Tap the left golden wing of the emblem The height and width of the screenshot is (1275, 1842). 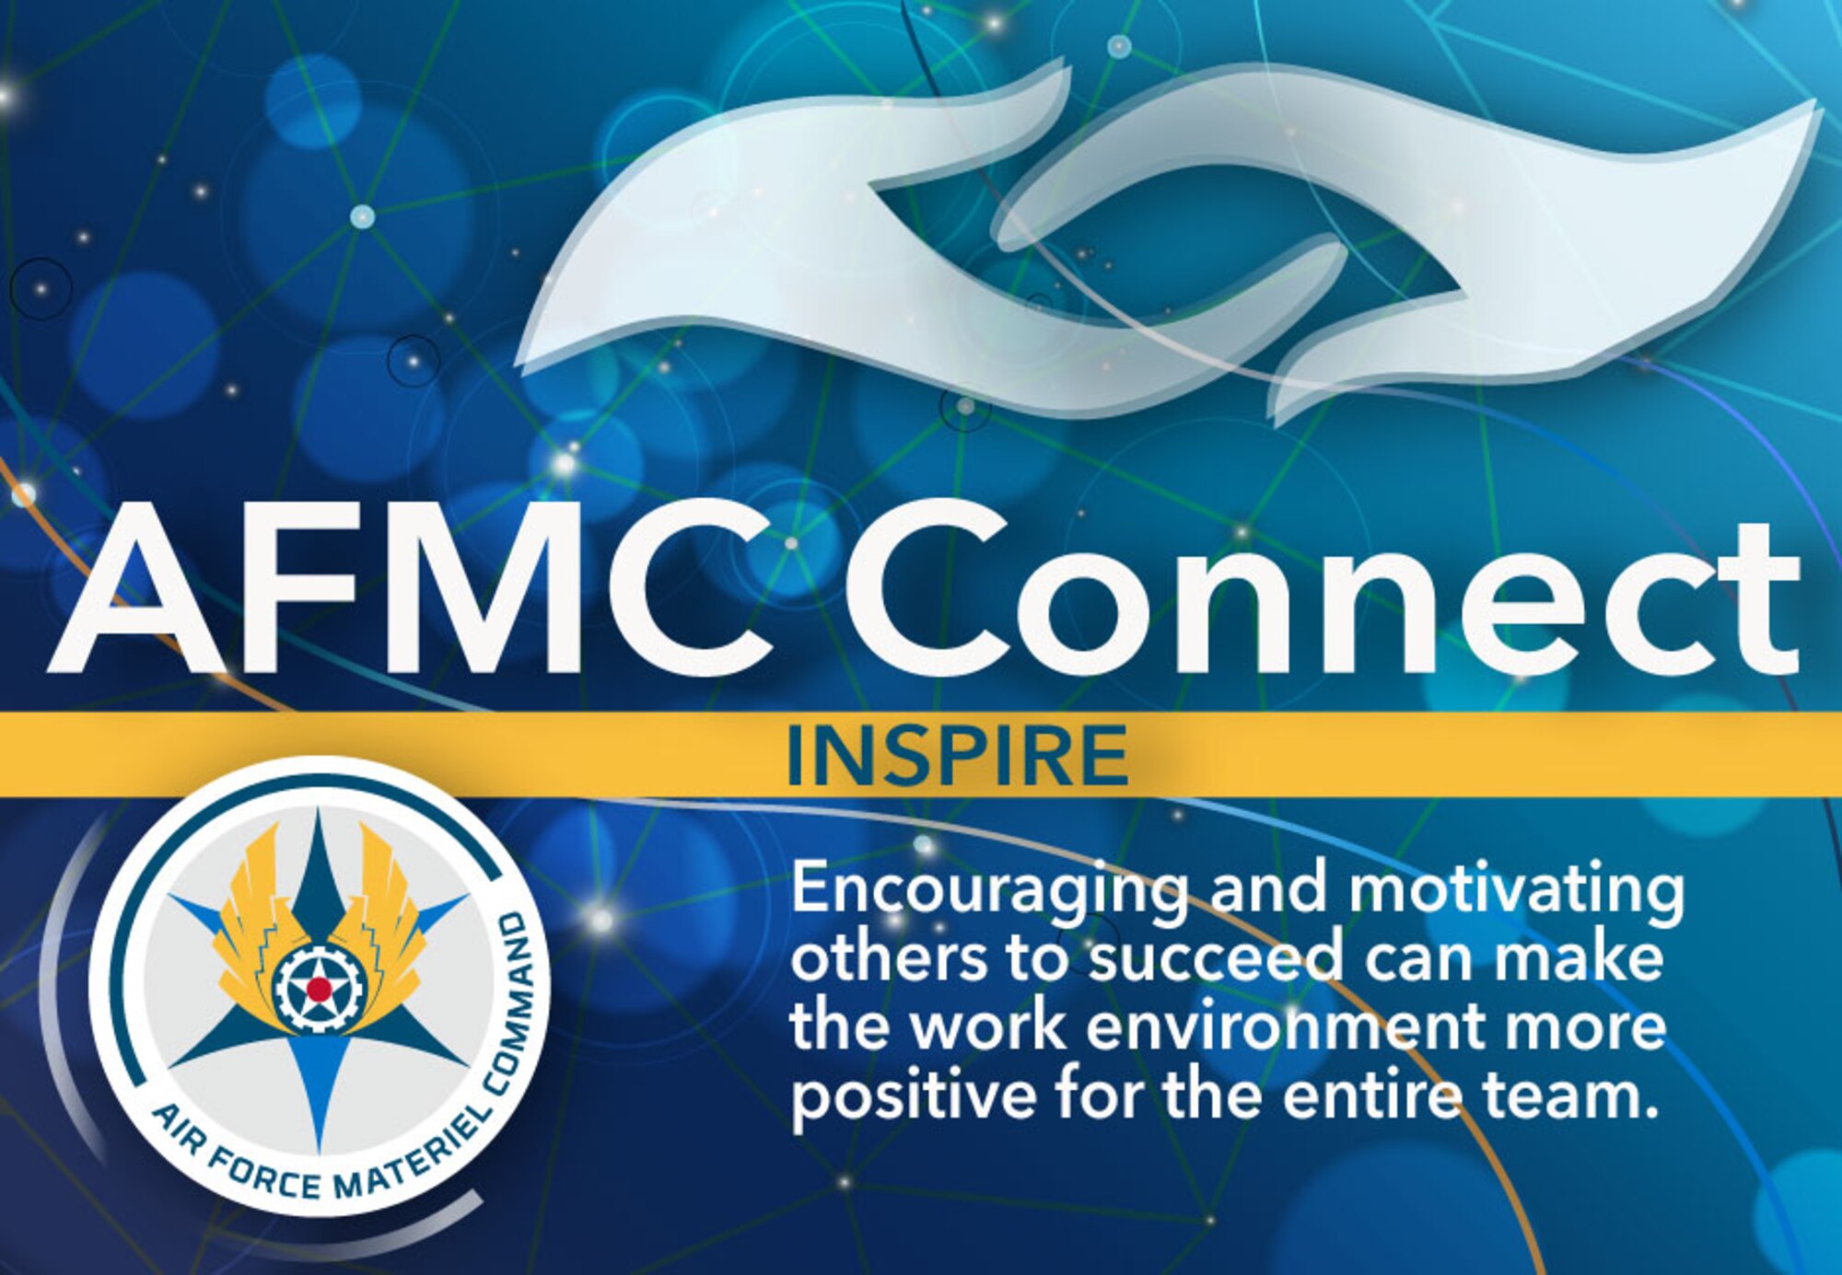coord(249,911)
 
